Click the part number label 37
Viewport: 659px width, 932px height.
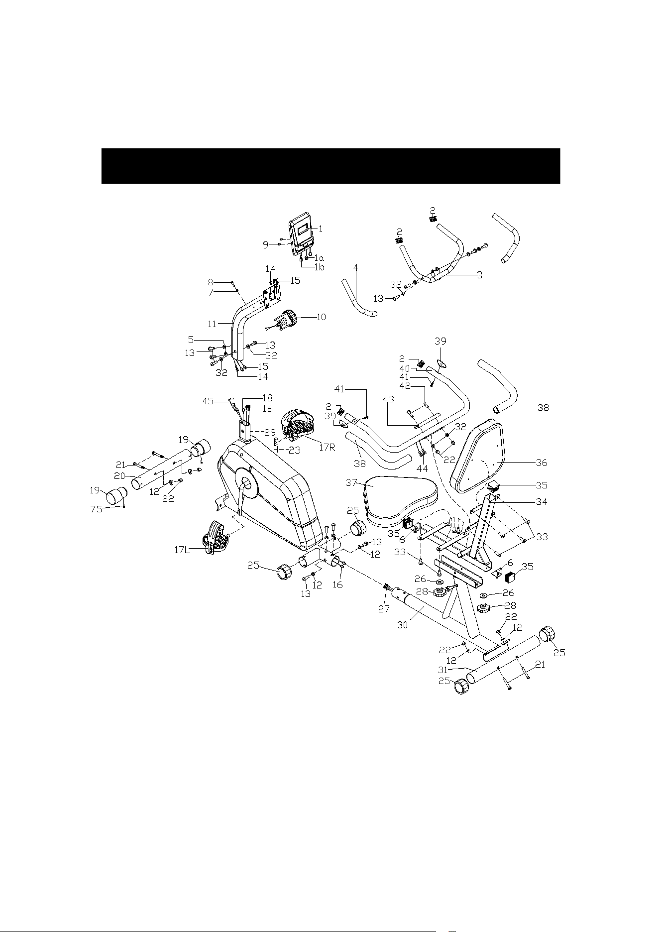pyautogui.click(x=352, y=482)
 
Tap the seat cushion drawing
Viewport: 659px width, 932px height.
pyautogui.click(x=401, y=502)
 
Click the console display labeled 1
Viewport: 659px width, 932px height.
pyautogui.click(x=302, y=233)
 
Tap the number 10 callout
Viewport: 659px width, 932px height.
pyautogui.click(x=321, y=317)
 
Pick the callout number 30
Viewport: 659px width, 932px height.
pyautogui.click(x=403, y=625)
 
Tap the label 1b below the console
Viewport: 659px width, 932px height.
pyautogui.click(x=319, y=267)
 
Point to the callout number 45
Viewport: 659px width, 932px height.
pyautogui.click(x=208, y=401)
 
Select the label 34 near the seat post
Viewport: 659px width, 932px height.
pyautogui.click(x=541, y=502)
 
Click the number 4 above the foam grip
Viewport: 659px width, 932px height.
pyautogui.click(x=355, y=267)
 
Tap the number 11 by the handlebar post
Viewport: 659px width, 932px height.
pyautogui.click(x=212, y=324)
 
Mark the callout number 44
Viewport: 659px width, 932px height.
pyautogui.click(x=422, y=468)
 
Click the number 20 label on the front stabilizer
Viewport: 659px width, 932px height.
pyautogui.click(x=119, y=475)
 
